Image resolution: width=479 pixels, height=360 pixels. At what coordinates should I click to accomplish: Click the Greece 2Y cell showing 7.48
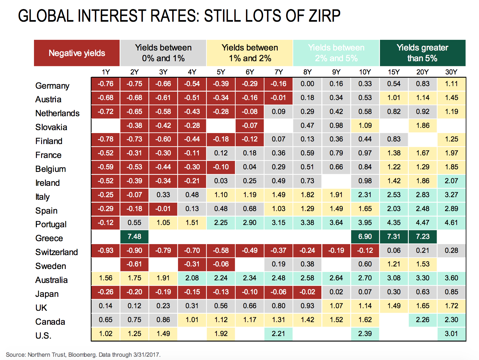[134, 237]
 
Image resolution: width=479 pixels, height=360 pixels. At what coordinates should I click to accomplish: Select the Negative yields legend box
[77, 53]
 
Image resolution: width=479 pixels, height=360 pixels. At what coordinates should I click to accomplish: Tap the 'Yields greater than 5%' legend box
[422, 53]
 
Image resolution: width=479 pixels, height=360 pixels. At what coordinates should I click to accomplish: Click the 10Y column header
[365, 72]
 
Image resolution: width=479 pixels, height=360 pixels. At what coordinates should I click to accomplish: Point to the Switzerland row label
[57, 252]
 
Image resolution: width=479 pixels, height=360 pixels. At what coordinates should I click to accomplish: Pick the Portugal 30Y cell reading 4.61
[451, 223]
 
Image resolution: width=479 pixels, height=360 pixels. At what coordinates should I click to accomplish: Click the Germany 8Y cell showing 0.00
[307, 84]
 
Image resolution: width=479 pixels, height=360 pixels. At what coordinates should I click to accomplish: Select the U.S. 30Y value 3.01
[451, 334]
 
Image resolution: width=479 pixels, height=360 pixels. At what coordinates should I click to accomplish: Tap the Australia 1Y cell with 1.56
[106, 278]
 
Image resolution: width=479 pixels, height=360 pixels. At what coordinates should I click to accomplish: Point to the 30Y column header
[451, 72]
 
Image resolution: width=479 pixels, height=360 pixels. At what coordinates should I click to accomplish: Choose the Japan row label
[47, 294]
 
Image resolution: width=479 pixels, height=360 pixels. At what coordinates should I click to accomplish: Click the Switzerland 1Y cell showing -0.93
[106, 251]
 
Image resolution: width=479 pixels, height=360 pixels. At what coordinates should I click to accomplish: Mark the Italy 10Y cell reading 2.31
[365, 195]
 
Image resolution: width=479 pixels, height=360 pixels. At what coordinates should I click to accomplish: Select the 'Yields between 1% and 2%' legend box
[250, 53]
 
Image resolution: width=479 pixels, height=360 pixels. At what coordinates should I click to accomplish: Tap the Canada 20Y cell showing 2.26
[422, 320]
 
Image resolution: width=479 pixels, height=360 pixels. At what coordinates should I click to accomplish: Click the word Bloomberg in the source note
[82, 355]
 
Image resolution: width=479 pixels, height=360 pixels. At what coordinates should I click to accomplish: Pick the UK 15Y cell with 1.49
[394, 306]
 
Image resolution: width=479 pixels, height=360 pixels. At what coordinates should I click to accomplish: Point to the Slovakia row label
[51, 127]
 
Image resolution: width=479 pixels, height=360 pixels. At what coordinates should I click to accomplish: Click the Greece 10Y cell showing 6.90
[365, 237]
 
